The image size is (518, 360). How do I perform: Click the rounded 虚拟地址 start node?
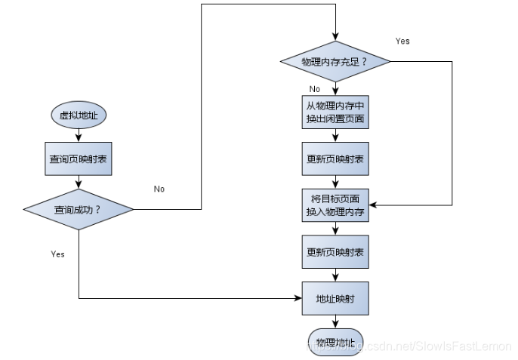pos(79,115)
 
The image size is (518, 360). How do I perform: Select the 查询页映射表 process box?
pos(79,159)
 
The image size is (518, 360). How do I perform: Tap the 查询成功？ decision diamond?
pos(79,208)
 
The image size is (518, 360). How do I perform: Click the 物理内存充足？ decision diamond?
pos(334,61)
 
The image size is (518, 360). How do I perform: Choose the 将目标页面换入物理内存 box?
pos(335,205)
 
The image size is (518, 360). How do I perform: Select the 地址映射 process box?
pos(335,298)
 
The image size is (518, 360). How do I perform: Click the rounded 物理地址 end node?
pos(335,342)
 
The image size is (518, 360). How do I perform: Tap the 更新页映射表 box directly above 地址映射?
pos(335,251)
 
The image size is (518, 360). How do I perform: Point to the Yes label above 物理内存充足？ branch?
pos(402,41)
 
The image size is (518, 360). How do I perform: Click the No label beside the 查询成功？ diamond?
pos(159,189)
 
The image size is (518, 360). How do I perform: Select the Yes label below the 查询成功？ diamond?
pos(57,254)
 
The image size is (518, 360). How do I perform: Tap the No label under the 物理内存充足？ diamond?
pos(315,88)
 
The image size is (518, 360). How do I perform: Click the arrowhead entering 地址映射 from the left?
pos(298,298)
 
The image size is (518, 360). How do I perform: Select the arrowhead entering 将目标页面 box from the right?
pos(372,205)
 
